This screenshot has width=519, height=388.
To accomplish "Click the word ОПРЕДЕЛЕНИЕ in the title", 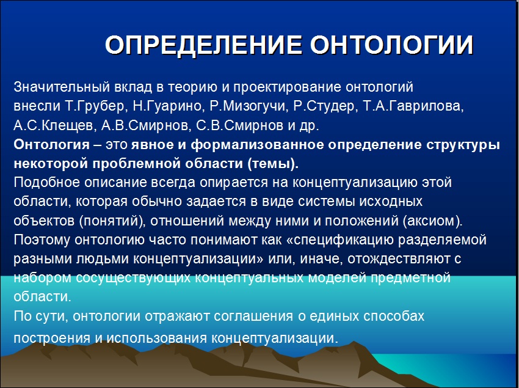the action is click(203, 45).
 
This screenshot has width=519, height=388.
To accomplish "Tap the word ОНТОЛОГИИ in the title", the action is click(392, 45).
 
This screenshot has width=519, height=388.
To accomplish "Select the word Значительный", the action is click(62, 87).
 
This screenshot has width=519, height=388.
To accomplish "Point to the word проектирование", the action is click(287, 87).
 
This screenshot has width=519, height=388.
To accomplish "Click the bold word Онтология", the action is click(52, 145).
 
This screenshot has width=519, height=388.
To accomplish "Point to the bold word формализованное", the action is click(257, 145).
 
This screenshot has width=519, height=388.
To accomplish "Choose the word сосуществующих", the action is click(133, 277).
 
